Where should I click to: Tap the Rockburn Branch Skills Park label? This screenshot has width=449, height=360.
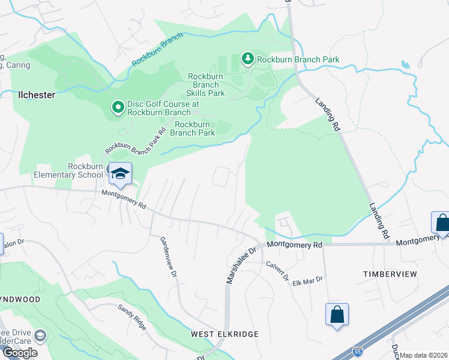[x=205, y=85]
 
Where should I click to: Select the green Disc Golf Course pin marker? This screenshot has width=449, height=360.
[x=118, y=108]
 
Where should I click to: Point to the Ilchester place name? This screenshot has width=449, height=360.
[x=36, y=95]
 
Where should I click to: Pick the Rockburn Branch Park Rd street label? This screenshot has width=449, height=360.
[x=135, y=140]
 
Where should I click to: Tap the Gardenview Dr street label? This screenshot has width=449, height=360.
[x=167, y=256]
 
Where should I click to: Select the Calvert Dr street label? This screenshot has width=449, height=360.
[x=278, y=272]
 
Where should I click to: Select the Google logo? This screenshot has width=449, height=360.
[x=20, y=353]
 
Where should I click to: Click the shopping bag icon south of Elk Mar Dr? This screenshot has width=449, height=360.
[x=337, y=314]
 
